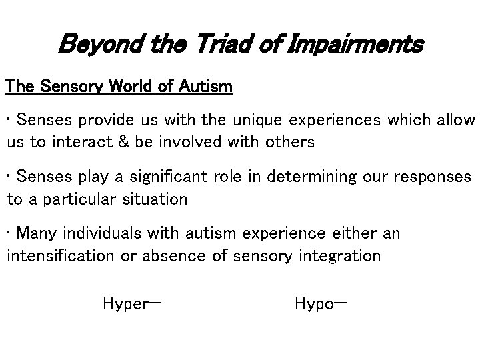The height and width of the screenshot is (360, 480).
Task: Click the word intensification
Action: pyautogui.click(x=61, y=256)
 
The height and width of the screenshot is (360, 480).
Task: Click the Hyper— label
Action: pyautogui.click(x=132, y=305)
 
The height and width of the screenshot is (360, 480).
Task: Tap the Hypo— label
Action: pyautogui.click(x=320, y=305)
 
